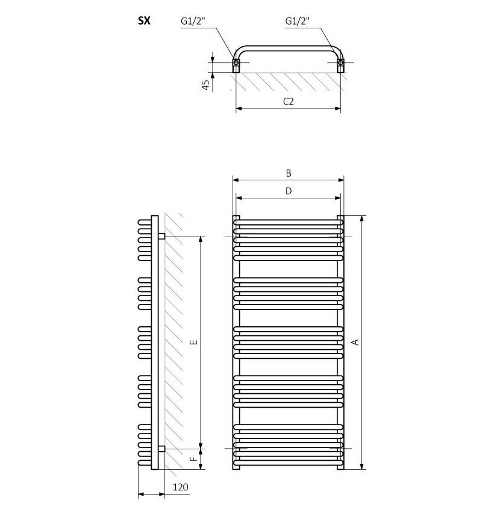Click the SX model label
click(x=144, y=21)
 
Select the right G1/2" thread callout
click(x=297, y=21)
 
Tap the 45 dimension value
click(x=206, y=84)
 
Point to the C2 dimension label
click(x=288, y=101)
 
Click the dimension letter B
click(x=289, y=173)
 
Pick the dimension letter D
click(x=289, y=191)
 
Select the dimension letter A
click(x=355, y=342)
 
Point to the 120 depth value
click(x=179, y=487)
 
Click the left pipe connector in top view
click(x=237, y=62)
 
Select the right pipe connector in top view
click(x=340, y=62)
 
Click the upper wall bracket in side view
click(x=161, y=236)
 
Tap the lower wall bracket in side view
click(x=161, y=449)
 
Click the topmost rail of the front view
click(x=289, y=222)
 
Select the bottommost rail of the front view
click(x=289, y=463)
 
